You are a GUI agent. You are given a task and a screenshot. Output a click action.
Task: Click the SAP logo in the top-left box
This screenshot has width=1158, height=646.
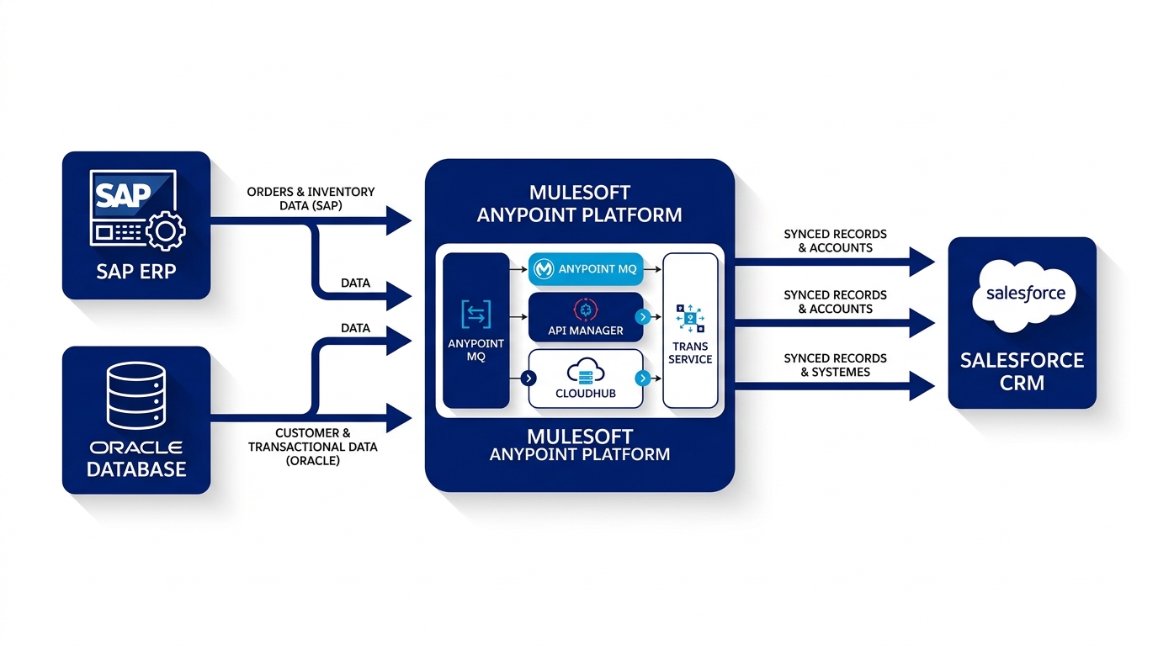pos(125,195)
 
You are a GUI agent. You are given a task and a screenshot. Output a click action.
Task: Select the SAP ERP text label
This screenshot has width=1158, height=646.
pos(135,272)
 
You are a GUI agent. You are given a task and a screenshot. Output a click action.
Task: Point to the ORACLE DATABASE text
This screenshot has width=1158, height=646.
pos(135,458)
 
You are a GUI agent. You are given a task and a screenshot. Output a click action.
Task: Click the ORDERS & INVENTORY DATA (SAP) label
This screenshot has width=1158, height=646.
pos(311,199)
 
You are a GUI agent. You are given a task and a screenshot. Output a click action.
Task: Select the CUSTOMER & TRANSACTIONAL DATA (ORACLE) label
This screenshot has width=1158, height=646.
pos(312,447)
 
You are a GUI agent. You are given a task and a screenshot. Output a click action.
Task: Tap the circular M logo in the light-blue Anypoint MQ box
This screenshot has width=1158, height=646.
pos(544,269)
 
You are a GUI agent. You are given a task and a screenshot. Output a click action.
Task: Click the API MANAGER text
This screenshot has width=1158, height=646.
pos(586,331)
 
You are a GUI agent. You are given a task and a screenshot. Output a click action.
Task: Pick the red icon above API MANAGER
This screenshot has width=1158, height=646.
pos(585,310)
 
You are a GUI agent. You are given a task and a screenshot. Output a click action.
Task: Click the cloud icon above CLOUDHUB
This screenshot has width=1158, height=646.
pos(585,372)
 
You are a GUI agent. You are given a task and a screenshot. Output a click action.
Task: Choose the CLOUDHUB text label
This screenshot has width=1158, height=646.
pos(586,394)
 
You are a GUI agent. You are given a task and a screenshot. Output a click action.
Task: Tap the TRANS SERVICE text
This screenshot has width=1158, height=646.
pos(690,352)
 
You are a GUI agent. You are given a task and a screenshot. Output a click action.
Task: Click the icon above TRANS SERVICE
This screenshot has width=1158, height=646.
pos(690,319)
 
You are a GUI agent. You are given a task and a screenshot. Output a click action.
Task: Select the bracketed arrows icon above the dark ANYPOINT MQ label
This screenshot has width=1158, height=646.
pos(475,315)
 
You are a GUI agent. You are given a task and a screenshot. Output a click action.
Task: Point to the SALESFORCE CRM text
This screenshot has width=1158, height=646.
pos(1023,372)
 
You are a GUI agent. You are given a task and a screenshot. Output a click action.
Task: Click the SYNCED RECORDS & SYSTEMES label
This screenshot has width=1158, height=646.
pos(835,365)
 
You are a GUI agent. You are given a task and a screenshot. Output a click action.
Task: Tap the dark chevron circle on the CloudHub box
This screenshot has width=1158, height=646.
pos(529,379)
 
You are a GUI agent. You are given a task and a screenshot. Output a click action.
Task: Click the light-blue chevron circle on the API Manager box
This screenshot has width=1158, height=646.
pos(643,317)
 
